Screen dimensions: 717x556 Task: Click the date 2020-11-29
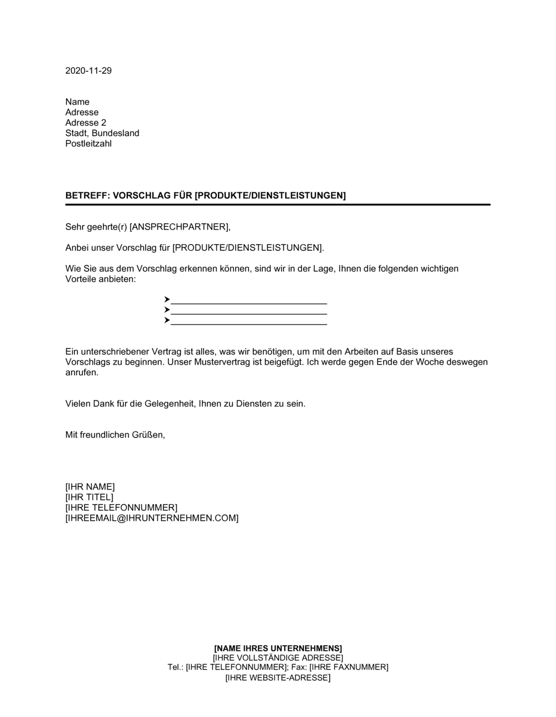(x=88, y=71)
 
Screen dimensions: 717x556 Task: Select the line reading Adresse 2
(x=86, y=123)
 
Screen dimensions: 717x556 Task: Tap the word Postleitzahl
(x=88, y=143)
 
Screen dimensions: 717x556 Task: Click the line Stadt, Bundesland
(x=102, y=133)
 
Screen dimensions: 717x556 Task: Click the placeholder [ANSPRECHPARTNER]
(x=179, y=227)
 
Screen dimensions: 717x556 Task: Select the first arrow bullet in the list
(x=167, y=300)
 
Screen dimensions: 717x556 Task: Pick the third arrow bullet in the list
(x=167, y=321)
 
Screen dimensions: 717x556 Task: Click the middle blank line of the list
(x=249, y=314)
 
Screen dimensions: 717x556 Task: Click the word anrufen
(x=82, y=372)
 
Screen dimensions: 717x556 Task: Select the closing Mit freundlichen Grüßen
(x=115, y=435)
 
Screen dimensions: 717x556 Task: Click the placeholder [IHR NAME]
(x=90, y=487)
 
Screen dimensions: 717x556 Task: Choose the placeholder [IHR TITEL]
(x=90, y=497)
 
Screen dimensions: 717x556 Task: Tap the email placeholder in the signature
(x=152, y=518)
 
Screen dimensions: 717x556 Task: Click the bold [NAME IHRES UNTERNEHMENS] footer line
(x=278, y=648)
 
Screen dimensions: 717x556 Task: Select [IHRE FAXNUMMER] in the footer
(x=349, y=667)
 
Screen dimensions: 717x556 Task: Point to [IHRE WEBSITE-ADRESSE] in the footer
(x=278, y=678)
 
